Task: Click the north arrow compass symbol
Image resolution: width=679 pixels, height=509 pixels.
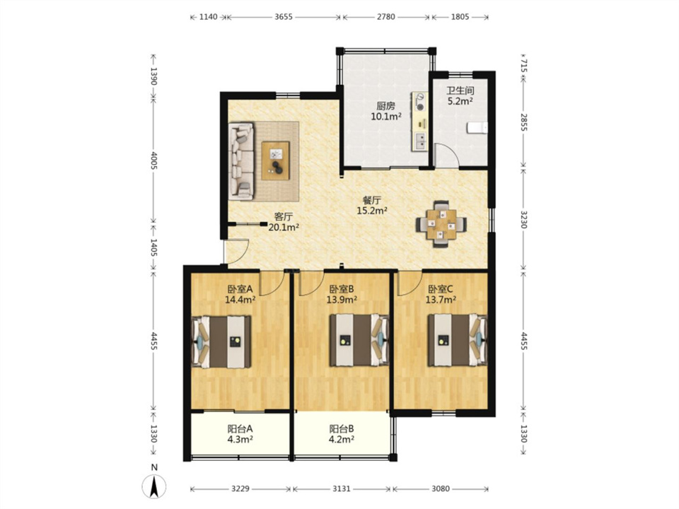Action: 154,486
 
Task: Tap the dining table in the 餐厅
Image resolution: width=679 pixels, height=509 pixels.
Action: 441,224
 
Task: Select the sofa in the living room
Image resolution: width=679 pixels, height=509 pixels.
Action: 241,161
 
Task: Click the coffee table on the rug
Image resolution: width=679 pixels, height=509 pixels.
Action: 275,160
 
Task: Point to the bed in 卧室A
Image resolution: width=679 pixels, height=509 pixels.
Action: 221,342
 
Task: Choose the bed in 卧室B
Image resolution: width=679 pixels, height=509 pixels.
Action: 359,340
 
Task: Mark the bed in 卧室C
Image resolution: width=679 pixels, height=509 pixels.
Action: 458,340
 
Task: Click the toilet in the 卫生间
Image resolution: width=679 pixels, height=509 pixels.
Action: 477,128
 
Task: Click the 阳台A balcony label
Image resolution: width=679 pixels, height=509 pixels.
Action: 240,429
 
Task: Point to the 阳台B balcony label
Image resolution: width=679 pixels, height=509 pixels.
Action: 342,429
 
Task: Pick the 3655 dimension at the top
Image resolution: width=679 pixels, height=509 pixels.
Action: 284,17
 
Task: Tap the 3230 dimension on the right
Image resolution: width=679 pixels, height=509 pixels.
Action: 524,220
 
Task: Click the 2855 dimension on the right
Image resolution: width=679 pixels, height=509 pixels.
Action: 524,123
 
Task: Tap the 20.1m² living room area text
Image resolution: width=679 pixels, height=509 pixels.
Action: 284,227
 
